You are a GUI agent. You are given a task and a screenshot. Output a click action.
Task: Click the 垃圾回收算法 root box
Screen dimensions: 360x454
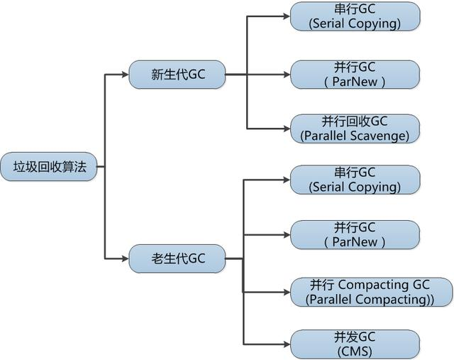48,166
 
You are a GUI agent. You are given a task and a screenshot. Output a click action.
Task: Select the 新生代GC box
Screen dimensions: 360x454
177,73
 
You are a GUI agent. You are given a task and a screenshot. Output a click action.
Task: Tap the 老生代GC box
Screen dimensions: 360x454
177,258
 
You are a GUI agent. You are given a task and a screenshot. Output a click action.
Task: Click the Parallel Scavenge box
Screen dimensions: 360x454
355,128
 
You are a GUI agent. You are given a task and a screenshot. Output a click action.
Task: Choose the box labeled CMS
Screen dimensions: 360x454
355,344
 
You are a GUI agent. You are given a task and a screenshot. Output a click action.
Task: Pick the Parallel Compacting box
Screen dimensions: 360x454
370,292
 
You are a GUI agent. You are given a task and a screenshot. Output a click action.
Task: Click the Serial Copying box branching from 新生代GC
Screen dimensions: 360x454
355,16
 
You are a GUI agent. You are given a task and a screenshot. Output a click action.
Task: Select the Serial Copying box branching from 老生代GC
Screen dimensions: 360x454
355,180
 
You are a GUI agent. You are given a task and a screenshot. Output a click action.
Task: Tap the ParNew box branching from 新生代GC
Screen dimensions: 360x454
355,73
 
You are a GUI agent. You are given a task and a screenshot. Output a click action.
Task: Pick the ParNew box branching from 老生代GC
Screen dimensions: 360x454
355,234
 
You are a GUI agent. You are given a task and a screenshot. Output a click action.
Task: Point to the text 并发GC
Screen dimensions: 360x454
355,337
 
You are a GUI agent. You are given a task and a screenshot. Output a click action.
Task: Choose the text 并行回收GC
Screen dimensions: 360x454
355,121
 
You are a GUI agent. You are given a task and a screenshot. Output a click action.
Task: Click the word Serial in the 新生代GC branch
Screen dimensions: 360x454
329,23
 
